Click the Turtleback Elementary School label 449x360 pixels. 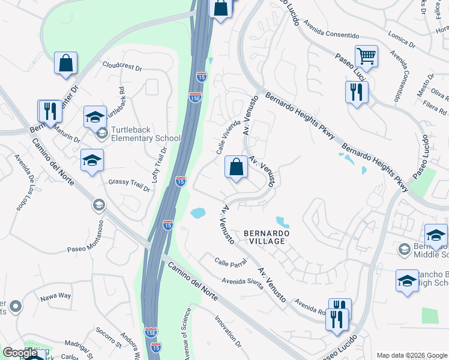click(x=143, y=139)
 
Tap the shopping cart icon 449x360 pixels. click(x=366, y=57)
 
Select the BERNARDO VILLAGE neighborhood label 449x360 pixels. click(x=267, y=236)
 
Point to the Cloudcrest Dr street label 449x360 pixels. click(x=122, y=65)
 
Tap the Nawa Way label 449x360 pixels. click(x=56, y=296)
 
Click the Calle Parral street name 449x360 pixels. click(x=231, y=262)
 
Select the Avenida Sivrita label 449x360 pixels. click(x=243, y=281)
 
